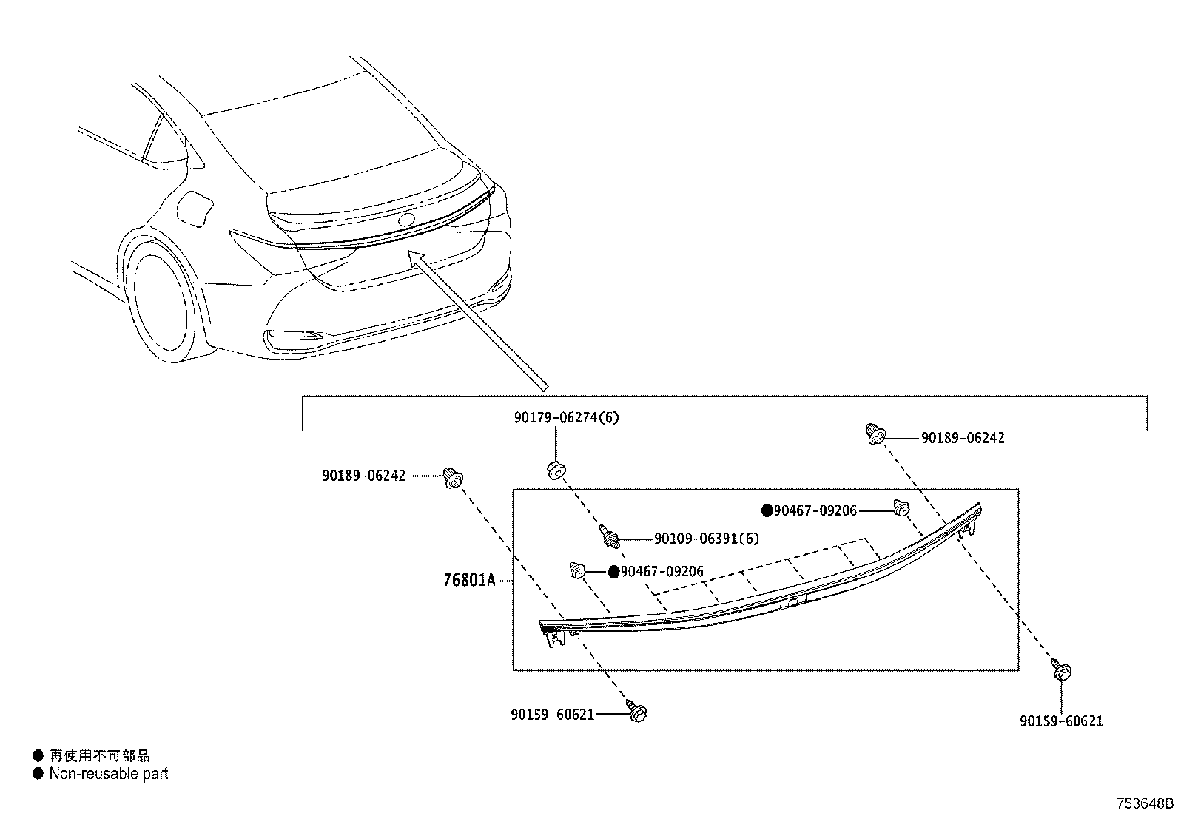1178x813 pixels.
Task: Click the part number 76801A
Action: tap(469, 581)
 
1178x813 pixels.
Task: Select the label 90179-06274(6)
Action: tap(567, 417)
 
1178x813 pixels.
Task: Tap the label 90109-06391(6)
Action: tap(707, 539)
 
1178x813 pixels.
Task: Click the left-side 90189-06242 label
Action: tap(363, 476)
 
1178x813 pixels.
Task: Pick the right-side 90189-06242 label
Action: tap(963, 438)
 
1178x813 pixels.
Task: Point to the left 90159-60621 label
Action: tap(552, 715)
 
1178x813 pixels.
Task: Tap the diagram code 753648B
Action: tap(1145, 803)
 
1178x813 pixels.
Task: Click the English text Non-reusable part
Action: tap(109, 774)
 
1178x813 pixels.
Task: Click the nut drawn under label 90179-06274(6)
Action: tap(556, 470)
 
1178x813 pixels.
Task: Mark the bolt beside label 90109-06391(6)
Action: tap(610, 536)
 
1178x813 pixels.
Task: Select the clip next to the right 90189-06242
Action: tap(874, 434)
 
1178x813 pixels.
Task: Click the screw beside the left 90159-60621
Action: tap(636, 712)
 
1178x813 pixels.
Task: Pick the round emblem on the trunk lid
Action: tap(406, 220)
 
